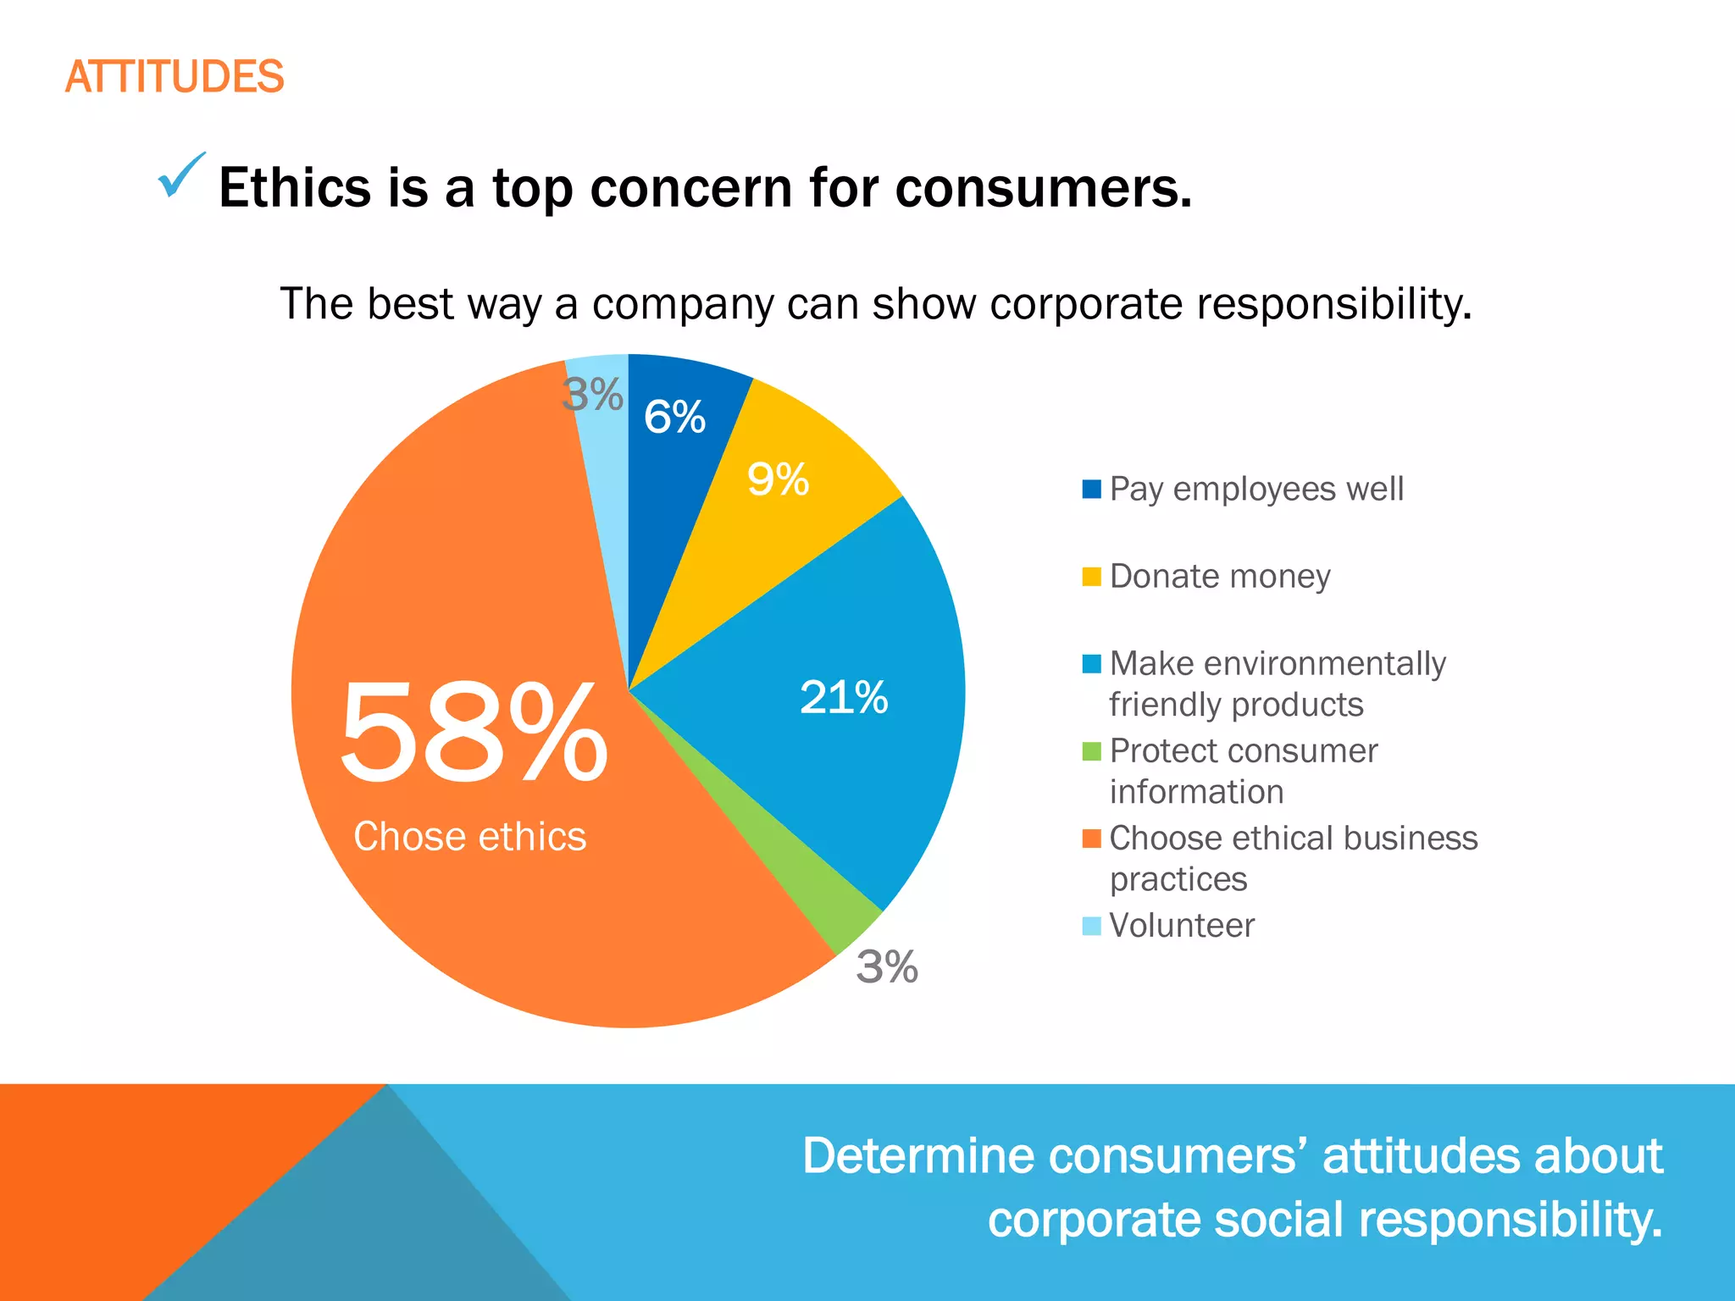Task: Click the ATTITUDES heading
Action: (175, 77)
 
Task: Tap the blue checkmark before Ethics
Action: (181, 175)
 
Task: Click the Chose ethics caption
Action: (469, 837)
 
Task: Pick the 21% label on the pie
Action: (844, 698)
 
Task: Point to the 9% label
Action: (778, 479)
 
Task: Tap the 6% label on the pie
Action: (674, 417)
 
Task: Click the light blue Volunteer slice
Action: (608, 474)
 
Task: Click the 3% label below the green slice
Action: (886, 966)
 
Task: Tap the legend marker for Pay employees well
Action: (1091, 490)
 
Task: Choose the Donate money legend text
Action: (1220, 577)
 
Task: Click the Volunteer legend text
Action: (1182, 926)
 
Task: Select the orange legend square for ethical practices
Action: (1091, 839)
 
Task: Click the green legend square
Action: (1091, 751)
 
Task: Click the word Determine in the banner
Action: (918, 1156)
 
